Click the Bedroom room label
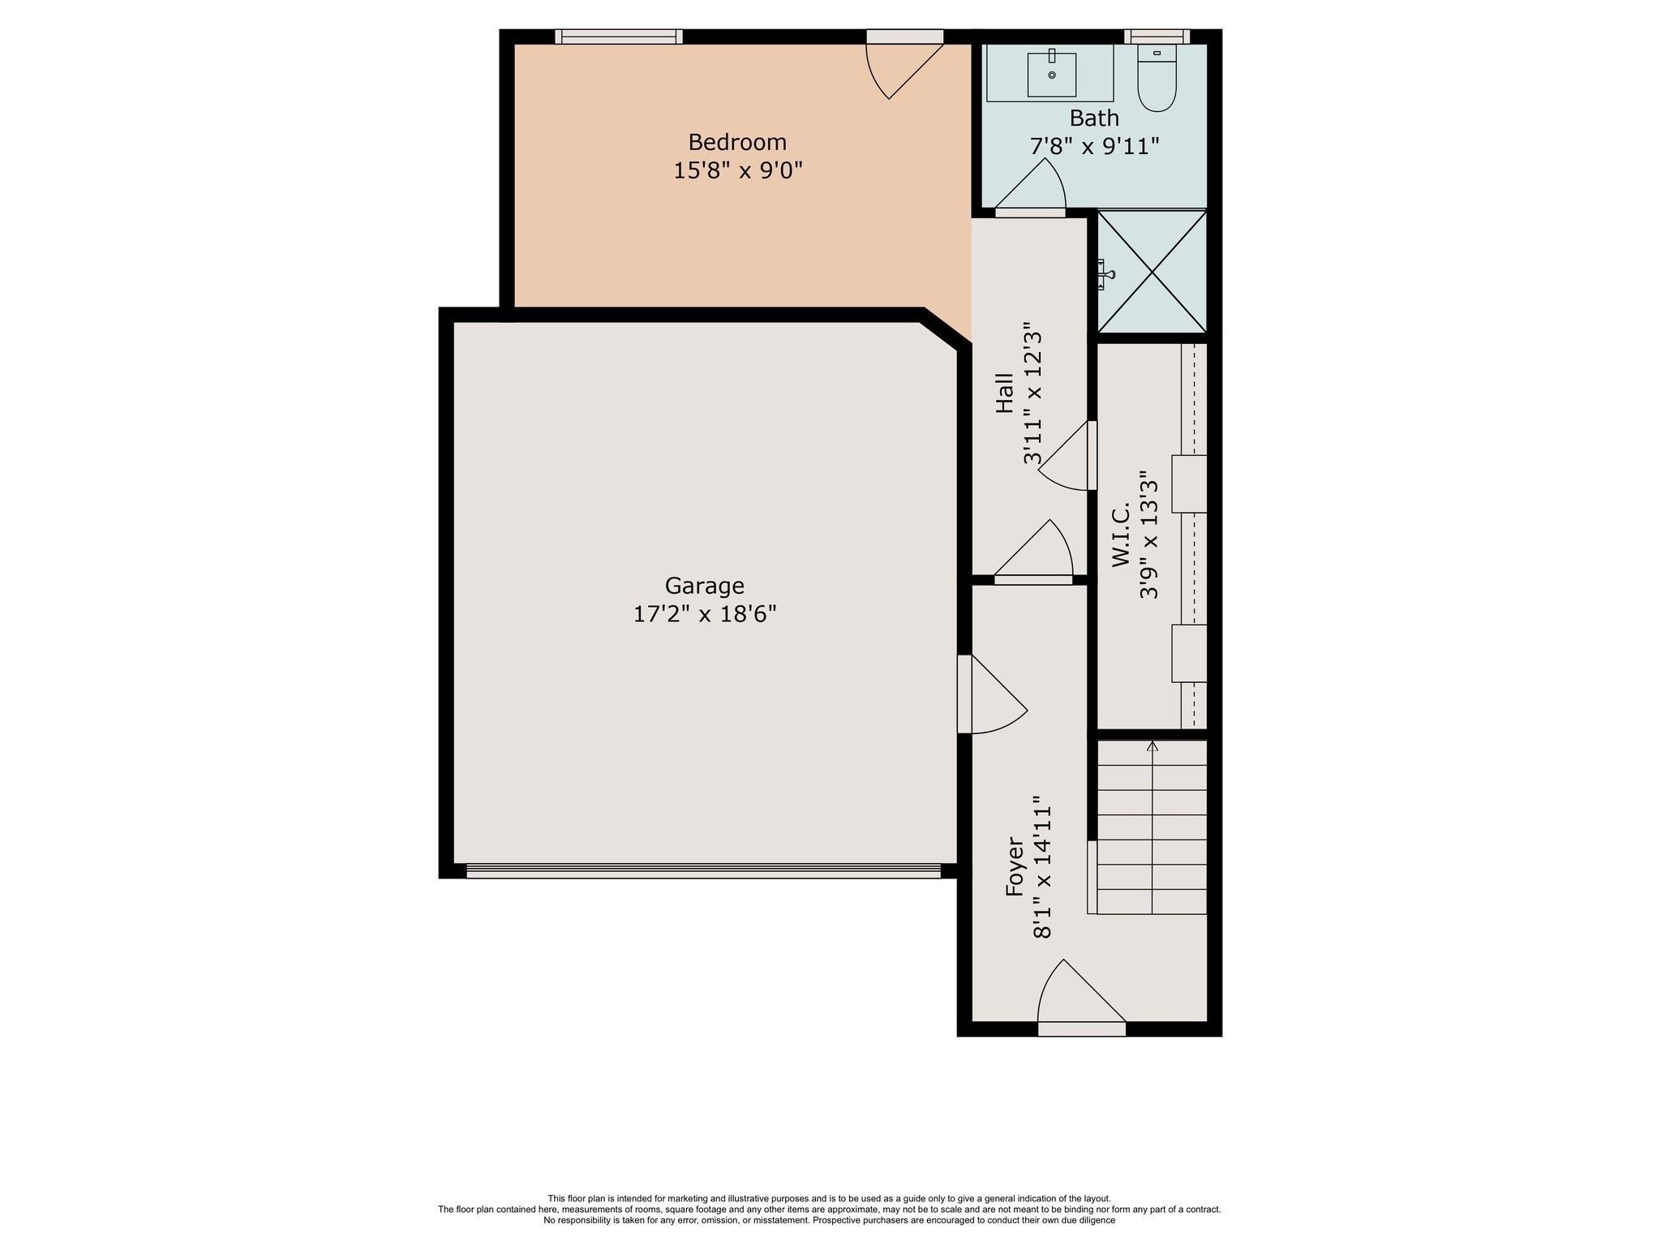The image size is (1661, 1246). pyautogui.click(x=737, y=143)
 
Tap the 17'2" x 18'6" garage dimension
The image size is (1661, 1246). pyautogui.click(x=705, y=614)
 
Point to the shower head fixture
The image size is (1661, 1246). pyautogui.click(x=1104, y=274)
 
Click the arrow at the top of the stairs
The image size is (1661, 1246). pyautogui.click(x=1152, y=746)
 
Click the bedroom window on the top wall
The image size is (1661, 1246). pyautogui.click(x=619, y=37)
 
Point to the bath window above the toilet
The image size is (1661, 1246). pyautogui.click(x=1157, y=37)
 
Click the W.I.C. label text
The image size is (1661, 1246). pyautogui.click(x=1122, y=535)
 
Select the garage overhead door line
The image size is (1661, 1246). pyautogui.click(x=703, y=870)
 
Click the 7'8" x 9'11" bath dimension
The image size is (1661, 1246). pyautogui.click(x=1094, y=147)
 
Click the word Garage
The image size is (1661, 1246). pyautogui.click(x=704, y=586)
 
